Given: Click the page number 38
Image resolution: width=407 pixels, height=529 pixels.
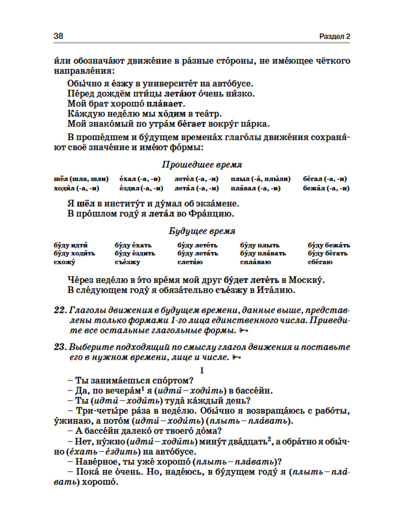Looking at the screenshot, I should pyautogui.click(x=58, y=36).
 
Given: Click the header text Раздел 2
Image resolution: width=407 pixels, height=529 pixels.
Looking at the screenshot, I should pyautogui.click(x=335, y=36).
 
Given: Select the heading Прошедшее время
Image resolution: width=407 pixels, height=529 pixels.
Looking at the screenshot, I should pyautogui.click(x=202, y=165).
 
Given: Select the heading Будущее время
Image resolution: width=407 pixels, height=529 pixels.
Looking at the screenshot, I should pyautogui.click(x=202, y=231).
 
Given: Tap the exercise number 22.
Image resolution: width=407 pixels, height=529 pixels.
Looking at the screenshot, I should pyautogui.click(x=59, y=310).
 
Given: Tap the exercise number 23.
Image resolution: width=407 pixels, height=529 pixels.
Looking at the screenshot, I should pyautogui.click(x=59, y=347).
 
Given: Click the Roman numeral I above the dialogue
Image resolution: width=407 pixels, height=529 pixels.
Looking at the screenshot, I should pyautogui.click(x=202, y=370).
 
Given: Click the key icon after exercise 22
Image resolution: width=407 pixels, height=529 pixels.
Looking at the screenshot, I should pyautogui.click(x=243, y=330).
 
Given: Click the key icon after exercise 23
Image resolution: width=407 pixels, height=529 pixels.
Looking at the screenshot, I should pyautogui.click(x=236, y=357).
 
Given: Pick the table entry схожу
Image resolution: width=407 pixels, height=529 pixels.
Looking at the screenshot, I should pyautogui.click(x=64, y=262).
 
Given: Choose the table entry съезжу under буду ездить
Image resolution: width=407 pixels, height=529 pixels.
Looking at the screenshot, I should pyautogui.click(x=127, y=262).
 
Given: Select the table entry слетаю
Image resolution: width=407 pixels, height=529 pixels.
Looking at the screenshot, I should pyautogui.click(x=190, y=262).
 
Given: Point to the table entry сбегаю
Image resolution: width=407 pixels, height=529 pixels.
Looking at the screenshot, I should pyautogui.click(x=320, y=262).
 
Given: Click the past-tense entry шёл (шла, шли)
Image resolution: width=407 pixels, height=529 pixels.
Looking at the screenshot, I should pyautogui.click(x=81, y=179).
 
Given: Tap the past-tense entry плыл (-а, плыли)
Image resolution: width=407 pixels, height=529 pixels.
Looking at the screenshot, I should pyautogui.click(x=260, y=179).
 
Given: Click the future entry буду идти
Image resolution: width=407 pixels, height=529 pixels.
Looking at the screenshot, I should pyautogui.click(x=70, y=245).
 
